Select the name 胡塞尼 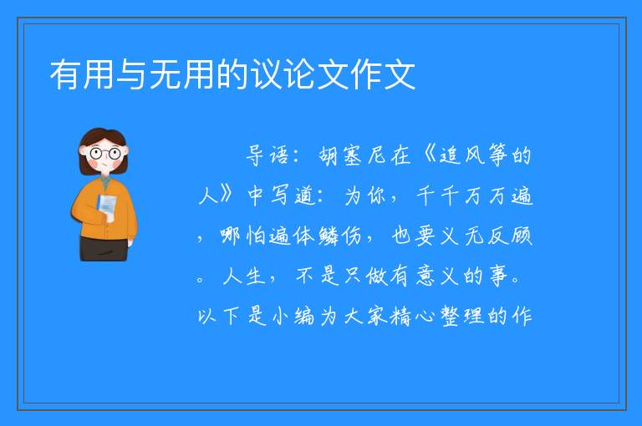[x=364, y=155]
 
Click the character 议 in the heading [x=267, y=74]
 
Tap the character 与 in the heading [x=132, y=74]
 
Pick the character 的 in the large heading [x=233, y=74]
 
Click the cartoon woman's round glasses [x=104, y=154]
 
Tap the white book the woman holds [x=107, y=205]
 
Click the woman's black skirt [x=104, y=248]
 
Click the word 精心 [x=412, y=316]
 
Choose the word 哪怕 [x=243, y=236]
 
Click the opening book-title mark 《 [x=429, y=155]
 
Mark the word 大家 [x=364, y=316]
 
